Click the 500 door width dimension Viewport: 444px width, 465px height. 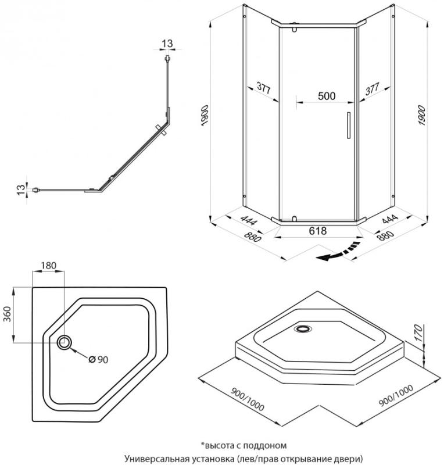click(326, 96)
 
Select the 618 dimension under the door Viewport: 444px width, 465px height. click(317, 231)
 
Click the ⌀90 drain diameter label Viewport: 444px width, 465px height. click(98, 359)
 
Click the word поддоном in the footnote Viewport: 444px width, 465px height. click(265, 446)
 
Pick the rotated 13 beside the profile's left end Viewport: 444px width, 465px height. click(21, 189)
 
